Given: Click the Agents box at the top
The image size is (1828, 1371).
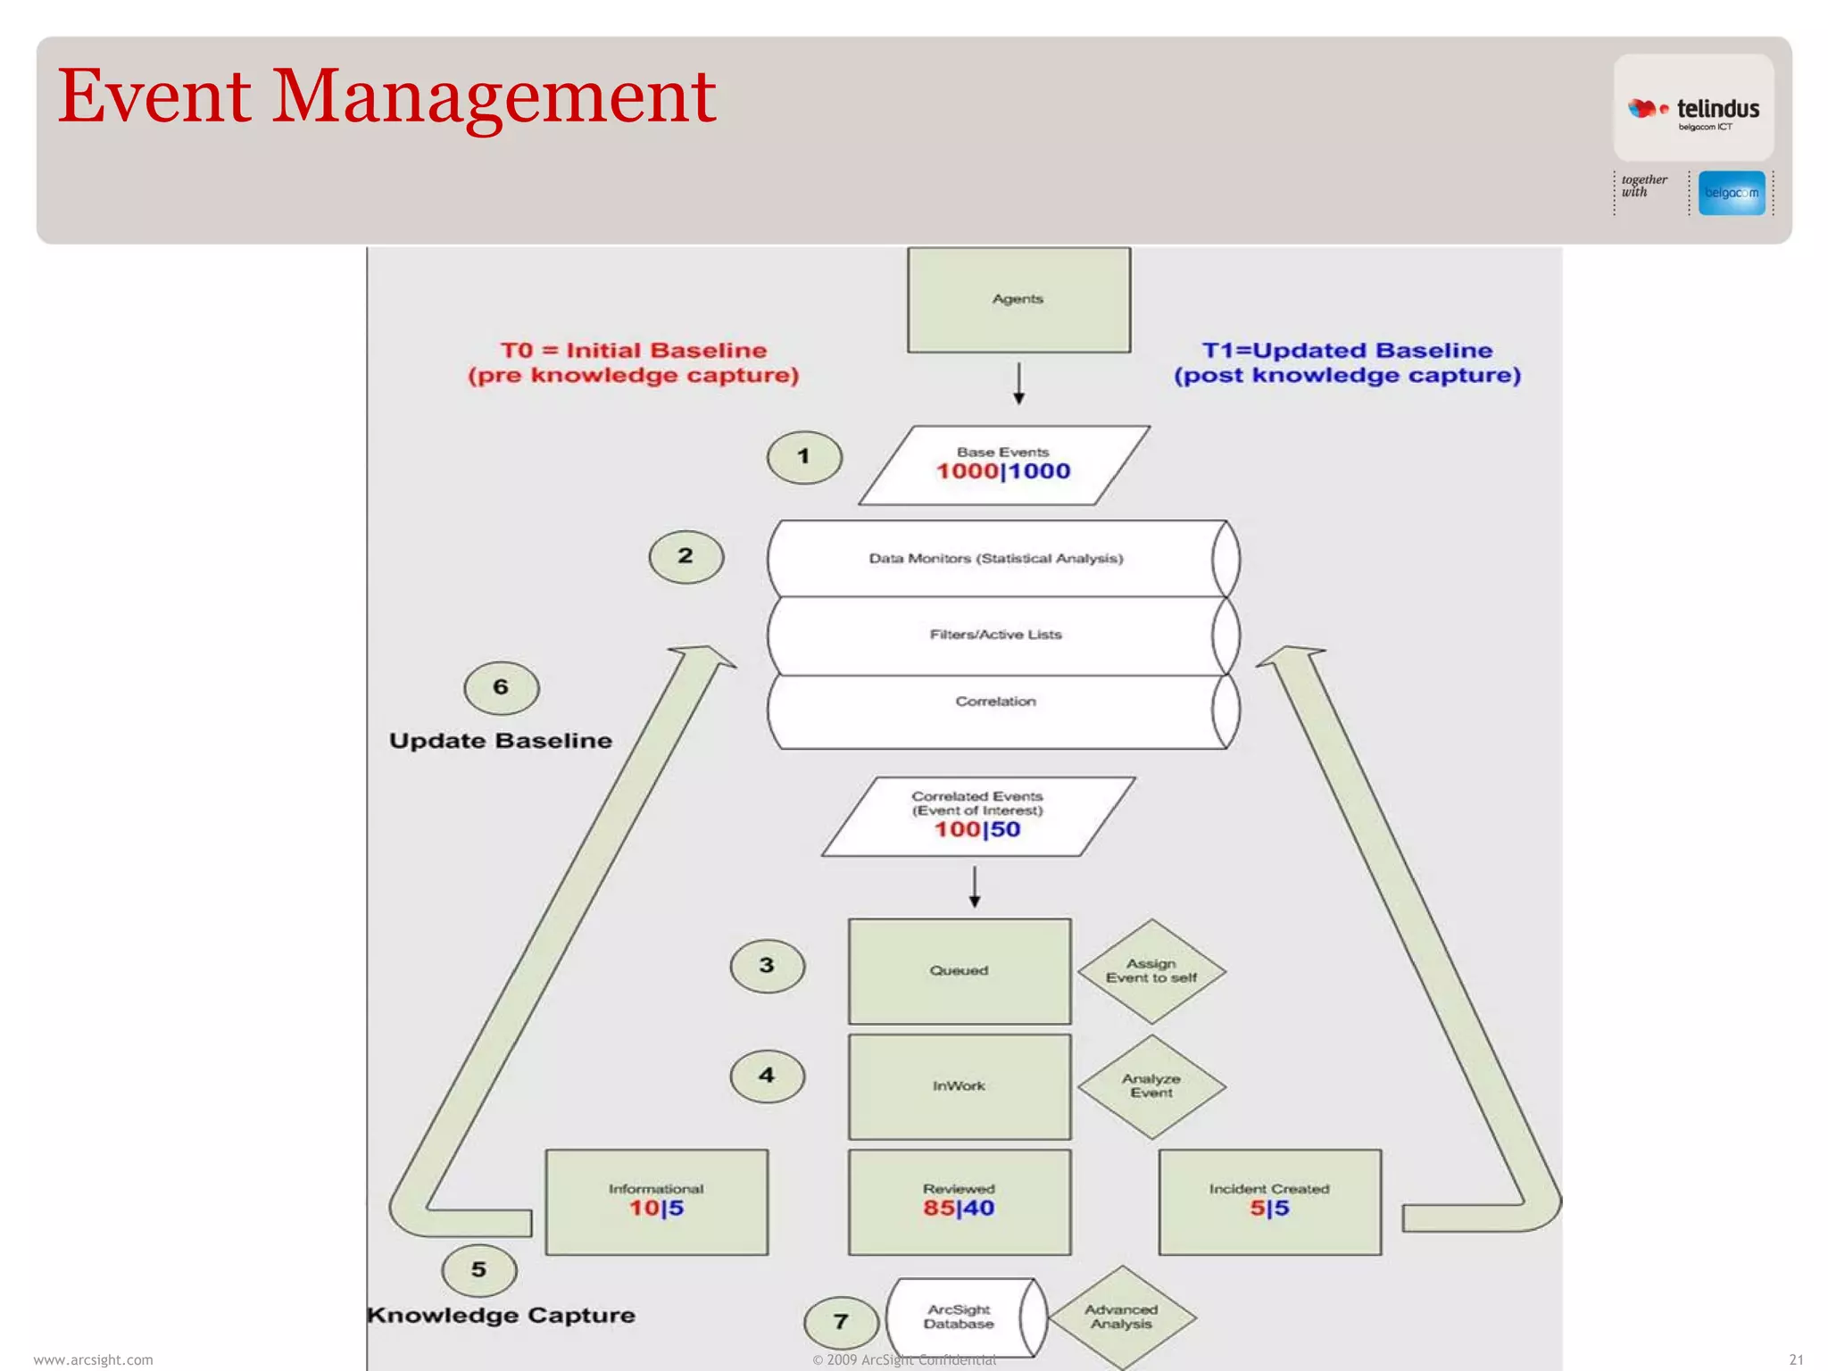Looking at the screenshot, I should (1018, 300).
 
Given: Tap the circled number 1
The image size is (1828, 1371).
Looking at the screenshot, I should (804, 457).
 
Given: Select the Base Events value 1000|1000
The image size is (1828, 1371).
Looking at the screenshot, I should (1002, 470).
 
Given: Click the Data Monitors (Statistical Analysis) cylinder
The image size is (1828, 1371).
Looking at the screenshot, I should (996, 559).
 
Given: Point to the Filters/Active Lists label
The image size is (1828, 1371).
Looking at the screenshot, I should (996, 635).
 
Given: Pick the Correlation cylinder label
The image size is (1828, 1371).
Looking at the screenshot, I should (996, 702).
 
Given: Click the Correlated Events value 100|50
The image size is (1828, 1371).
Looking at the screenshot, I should (977, 829).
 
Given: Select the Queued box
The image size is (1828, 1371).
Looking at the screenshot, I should (960, 971).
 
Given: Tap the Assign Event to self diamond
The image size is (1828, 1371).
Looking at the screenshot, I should (1151, 971).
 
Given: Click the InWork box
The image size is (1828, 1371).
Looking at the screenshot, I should (960, 1086).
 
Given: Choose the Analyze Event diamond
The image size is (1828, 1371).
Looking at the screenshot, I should (1151, 1086).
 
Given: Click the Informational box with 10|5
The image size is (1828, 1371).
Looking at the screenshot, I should (657, 1201).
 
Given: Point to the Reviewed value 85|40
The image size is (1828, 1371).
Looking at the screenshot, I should (959, 1208).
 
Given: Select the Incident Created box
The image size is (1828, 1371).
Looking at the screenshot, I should (1269, 1201).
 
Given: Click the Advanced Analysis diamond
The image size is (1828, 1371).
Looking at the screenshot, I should (1122, 1317).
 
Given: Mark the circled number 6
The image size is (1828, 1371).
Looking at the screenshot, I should (502, 687).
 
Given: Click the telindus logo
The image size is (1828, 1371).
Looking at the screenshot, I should (1693, 110).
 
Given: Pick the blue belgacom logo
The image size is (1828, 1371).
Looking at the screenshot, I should (1732, 193).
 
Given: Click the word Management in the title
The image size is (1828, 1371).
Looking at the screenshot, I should (493, 96).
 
